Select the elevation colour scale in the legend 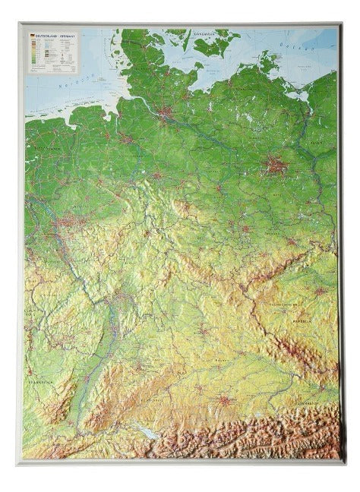point(34,53)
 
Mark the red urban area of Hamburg point(166,115)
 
